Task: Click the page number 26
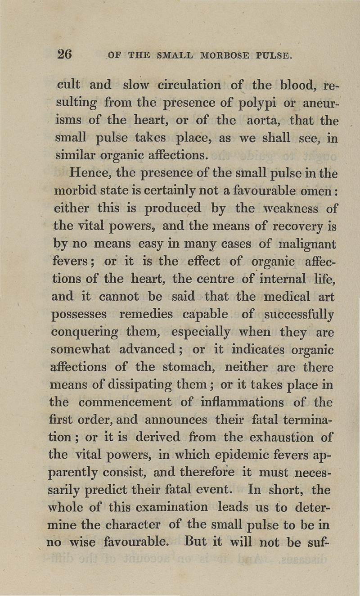tap(64, 54)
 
